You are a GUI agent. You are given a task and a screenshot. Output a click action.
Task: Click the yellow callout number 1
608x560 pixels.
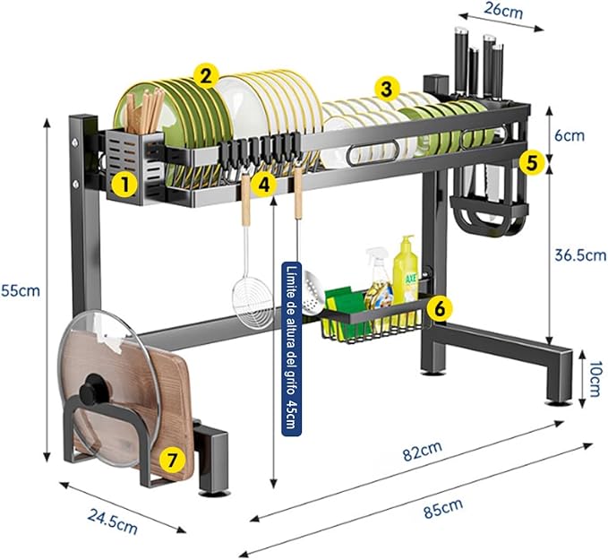coord(124,185)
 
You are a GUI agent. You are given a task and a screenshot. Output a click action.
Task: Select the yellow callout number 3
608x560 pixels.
coord(386,89)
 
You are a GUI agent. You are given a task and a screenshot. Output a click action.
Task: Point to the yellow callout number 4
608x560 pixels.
coord(263,184)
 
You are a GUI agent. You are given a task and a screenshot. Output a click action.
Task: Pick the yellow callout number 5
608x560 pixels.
coord(533,162)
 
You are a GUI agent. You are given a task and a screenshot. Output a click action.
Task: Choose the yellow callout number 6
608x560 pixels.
coord(438,306)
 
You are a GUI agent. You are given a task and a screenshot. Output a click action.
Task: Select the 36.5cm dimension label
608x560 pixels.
coord(576,254)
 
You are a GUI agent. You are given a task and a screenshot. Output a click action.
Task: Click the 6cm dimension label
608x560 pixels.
coord(569,135)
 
